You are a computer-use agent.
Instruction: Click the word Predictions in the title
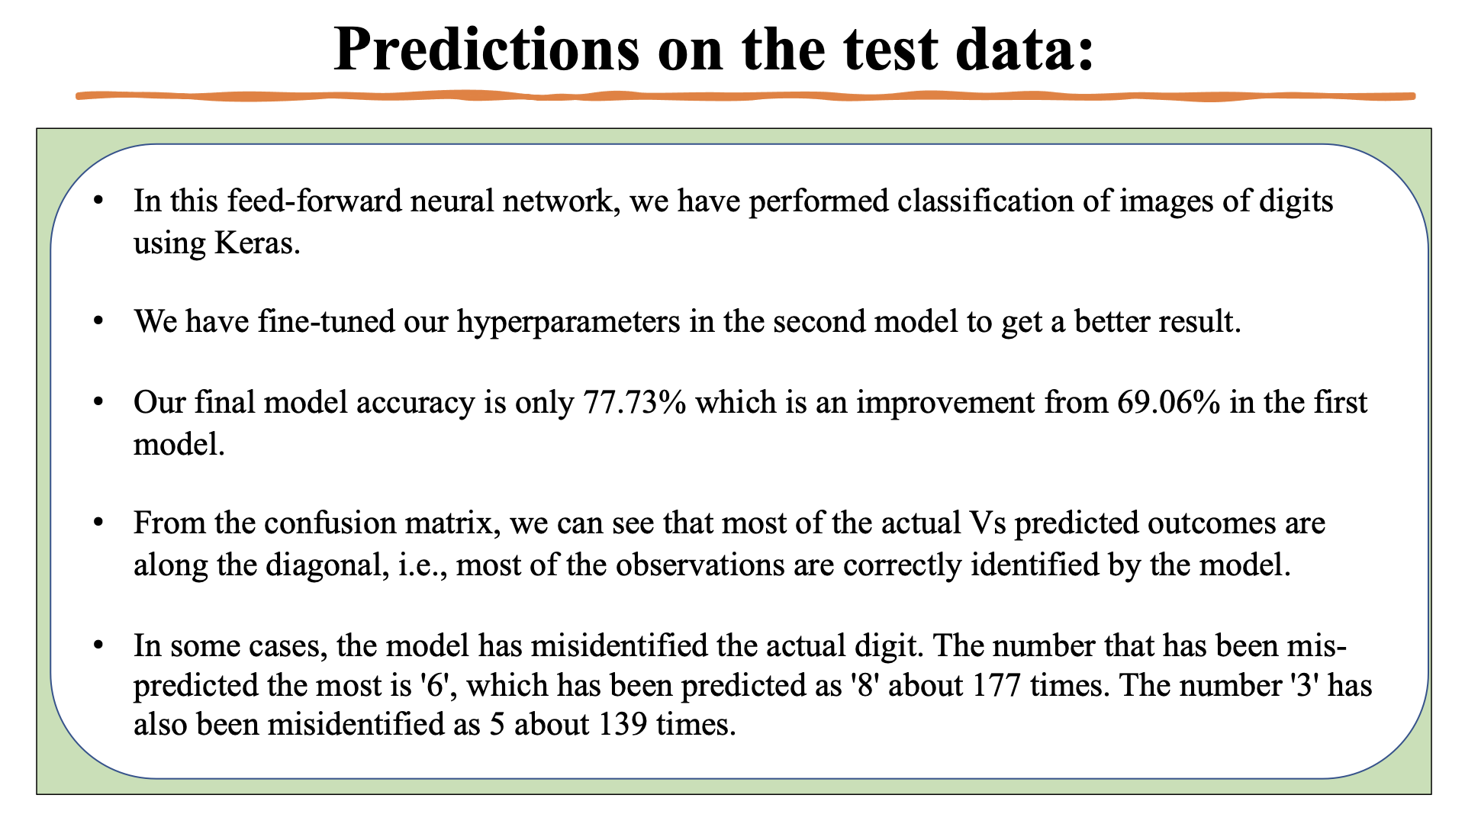point(486,50)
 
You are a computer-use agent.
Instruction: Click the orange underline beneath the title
point(745,96)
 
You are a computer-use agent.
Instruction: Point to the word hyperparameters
point(568,321)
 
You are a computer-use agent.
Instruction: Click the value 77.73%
point(634,402)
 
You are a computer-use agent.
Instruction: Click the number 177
point(997,685)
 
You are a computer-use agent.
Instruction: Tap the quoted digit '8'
point(865,685)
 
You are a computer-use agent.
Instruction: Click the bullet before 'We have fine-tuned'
point(98,321)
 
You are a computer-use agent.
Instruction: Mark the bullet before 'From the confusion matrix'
point(98,523)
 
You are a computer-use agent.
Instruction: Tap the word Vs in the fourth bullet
point(987,523)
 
